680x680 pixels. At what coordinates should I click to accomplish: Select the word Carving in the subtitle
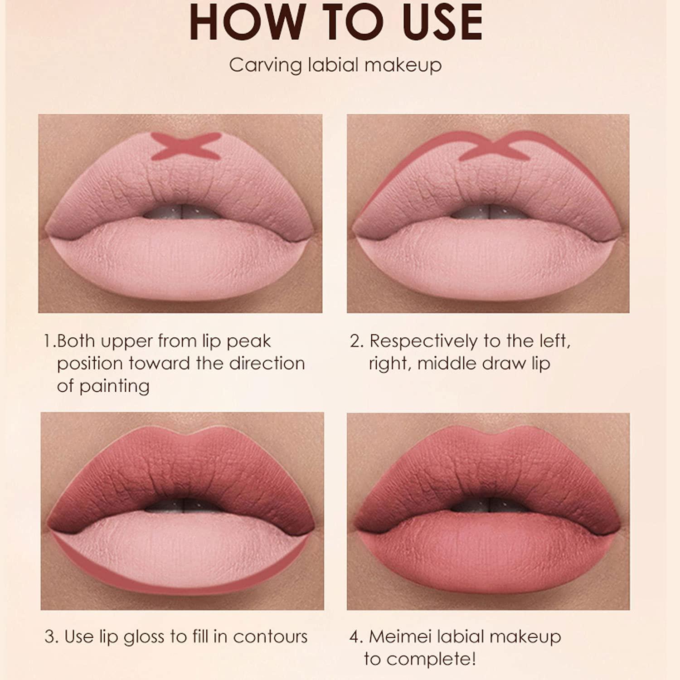coord(265,65)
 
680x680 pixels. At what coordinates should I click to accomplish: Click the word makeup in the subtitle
coord(403,66)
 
